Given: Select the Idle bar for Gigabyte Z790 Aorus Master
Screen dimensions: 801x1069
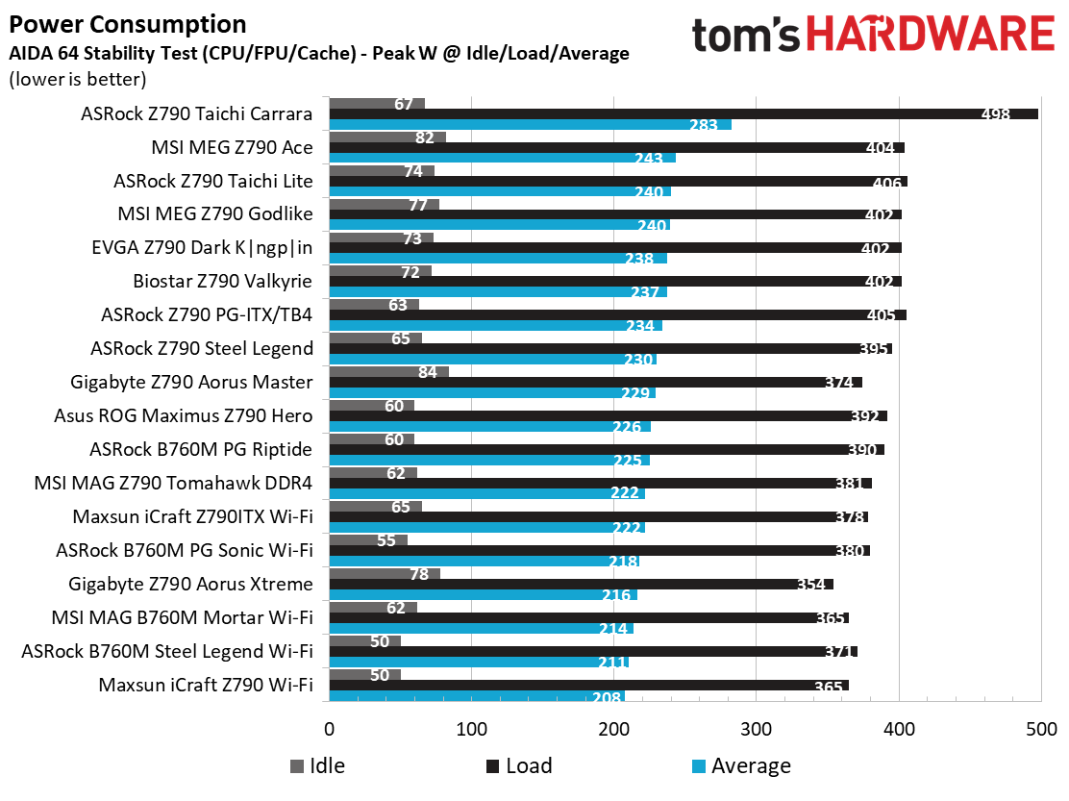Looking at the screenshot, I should coord(388,372).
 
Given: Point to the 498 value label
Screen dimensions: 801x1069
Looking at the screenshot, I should coord(994,114).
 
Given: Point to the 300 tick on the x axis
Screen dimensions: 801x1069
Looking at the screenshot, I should coord(757,728).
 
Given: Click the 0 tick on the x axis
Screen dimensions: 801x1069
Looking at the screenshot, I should coord(329,728).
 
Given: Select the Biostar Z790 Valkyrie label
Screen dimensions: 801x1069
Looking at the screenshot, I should coord(223,282).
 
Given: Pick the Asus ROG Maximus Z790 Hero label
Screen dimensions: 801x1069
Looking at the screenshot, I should coord(185,416).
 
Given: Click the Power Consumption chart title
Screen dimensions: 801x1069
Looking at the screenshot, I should coord(127,24).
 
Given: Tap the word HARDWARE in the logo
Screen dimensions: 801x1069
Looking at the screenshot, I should coord(930,36).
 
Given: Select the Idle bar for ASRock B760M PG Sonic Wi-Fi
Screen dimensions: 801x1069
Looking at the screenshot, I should coord(368,540).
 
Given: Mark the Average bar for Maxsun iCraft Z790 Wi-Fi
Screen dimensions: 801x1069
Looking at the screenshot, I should coord(477,696).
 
